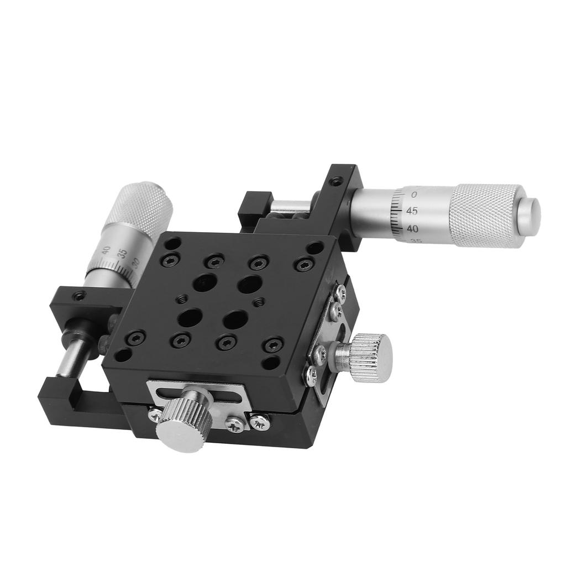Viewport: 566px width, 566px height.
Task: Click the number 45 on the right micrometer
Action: (412, 211)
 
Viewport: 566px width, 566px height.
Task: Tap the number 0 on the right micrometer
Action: (415, 195)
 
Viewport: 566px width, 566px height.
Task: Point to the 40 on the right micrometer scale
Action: (412, 228)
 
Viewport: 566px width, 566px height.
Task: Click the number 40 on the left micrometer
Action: (106, 249)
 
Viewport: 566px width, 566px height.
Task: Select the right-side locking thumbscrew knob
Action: (368, 358)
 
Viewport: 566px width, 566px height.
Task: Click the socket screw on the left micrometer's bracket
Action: (80, 296)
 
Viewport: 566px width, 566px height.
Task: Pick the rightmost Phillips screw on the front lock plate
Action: (259, 422)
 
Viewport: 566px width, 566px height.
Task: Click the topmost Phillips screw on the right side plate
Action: (340, 293)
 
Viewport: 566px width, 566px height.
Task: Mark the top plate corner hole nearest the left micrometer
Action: (172, 243)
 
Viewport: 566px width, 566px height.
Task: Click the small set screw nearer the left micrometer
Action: (181, 299)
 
